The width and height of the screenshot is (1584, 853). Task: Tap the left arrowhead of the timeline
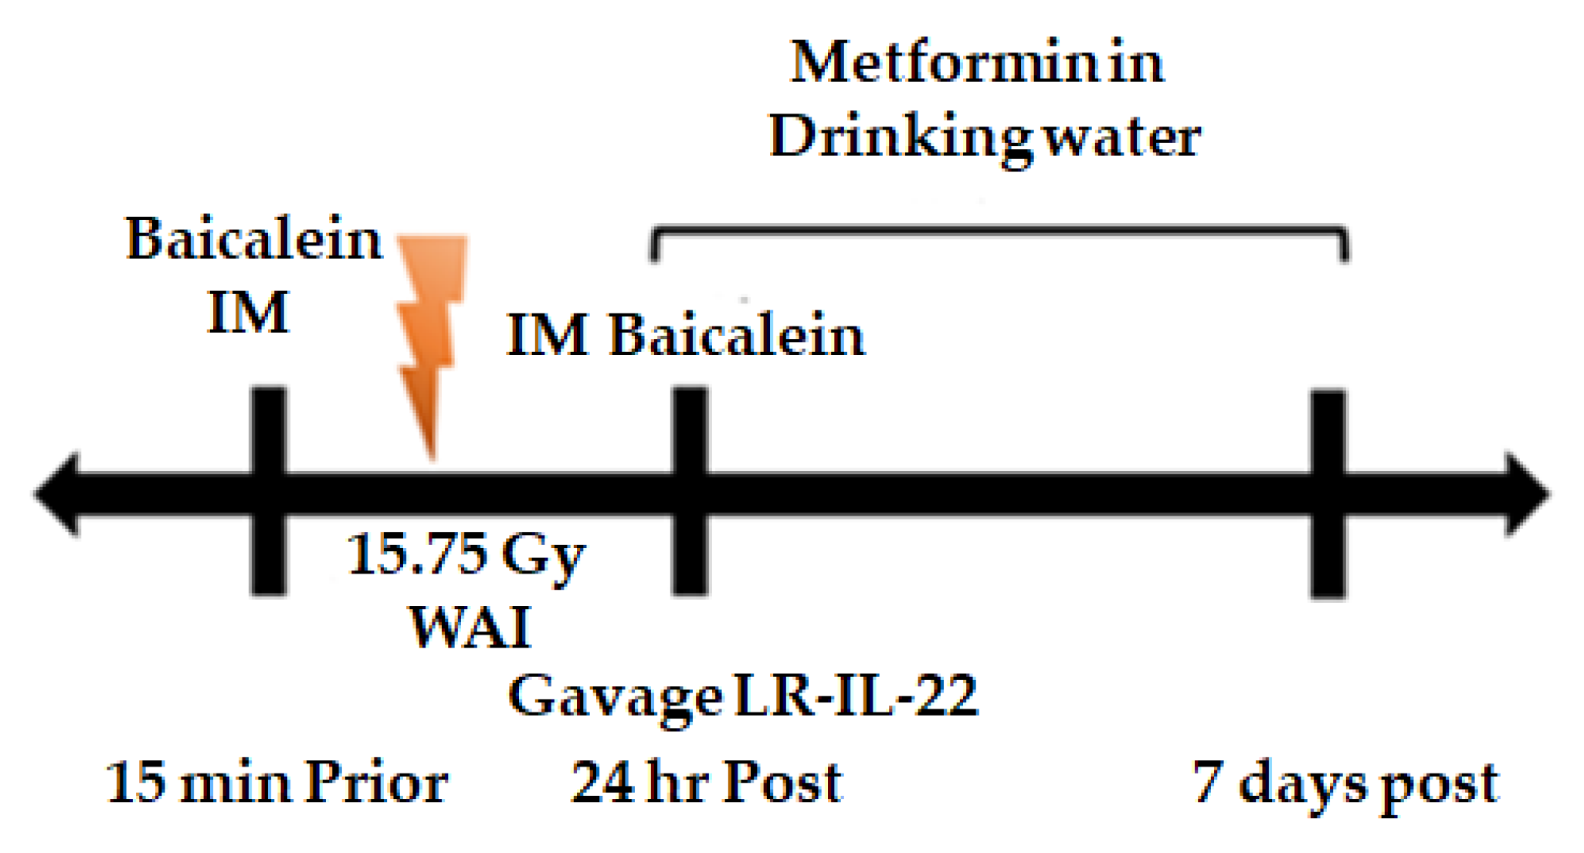click(58, 493)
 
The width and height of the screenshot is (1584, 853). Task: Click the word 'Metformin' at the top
click(945, 63)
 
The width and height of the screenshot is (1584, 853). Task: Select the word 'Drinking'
click(901, 137)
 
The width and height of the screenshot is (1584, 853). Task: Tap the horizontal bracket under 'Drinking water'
click(1000, 230)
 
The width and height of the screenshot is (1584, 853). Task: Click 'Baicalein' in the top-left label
click(253, 239)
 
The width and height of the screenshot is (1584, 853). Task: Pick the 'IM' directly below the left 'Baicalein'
click(248, 313)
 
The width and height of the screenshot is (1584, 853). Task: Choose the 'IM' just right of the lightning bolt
click(548, 336)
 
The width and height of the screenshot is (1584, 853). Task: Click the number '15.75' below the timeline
click(417, 554)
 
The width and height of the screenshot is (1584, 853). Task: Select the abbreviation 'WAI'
click(470, 627)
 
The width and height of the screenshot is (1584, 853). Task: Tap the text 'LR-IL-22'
click(856, 696)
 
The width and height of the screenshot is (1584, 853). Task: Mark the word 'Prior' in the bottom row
click(376, 783)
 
